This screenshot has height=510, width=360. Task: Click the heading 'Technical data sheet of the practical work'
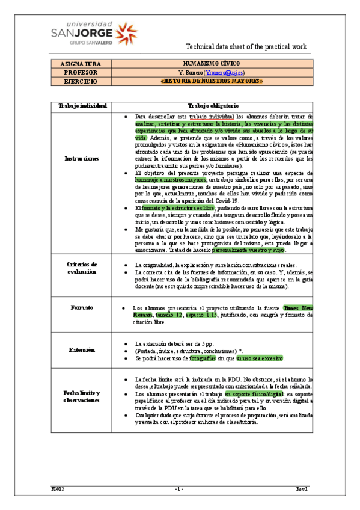click(x=246, y=46)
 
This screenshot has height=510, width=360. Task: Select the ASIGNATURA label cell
click(x=81, y=63)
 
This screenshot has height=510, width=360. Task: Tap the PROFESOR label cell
click(x=81, y=72)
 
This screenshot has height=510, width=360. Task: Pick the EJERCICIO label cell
click(x=81, y=80)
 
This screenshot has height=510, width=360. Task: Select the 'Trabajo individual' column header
click(x=82, y=106)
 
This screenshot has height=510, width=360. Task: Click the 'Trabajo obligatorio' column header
click(x=214, y=106)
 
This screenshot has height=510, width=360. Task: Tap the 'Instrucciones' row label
click(x=82, y=159)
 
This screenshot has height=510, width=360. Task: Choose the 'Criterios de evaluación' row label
click(x=82, y=268)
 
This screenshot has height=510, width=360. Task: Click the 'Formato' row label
click(x=82, y=308)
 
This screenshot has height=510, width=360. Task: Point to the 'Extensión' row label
click(x=82, y=349)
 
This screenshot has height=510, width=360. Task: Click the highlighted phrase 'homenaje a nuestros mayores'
click(x=170, y=179)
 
